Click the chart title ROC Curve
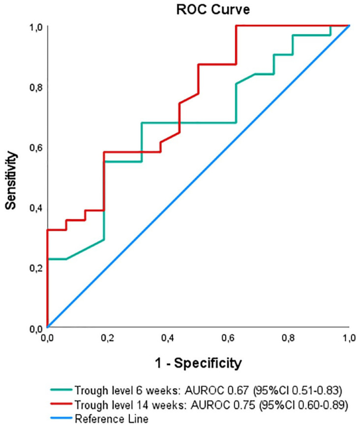(x=213, y=9)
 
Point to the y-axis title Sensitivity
(x=11, y=180)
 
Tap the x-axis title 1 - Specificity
(x=198, y=363)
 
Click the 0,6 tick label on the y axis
(x=36, y=148)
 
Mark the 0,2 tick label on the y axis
(x=36, y=268)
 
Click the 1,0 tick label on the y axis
(x=36, y=28)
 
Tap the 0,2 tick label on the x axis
(x=108, y=338)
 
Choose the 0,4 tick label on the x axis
(x=168, y=338)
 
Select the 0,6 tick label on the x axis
(x=228, y=338)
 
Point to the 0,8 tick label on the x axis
(x=288, y=338)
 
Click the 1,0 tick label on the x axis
(x=349, y=338)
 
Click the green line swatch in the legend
(x=61, y=390)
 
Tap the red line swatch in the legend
(x=61, y=404)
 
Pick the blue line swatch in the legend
(x=61, y=418)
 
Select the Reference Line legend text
(x=112, y=419)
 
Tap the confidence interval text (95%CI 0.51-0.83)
(x=298, y=391)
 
